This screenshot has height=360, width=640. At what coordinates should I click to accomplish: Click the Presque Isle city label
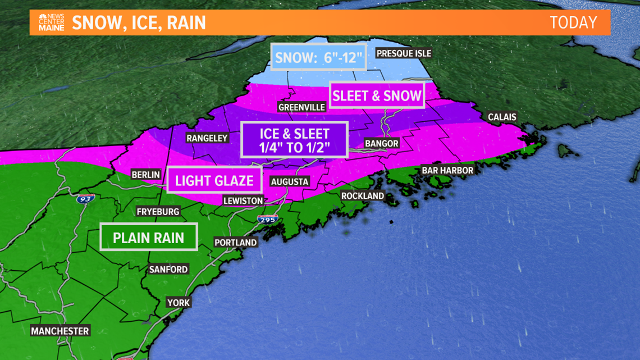pyautogui.click(x=404, y=53)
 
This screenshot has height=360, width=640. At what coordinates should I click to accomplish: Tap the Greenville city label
pyautogui.click(x=301, y=107)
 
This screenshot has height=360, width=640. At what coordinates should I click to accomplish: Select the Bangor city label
pyautogui.click(x=381, y=143)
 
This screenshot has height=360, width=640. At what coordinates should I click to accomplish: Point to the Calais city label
pyautogui.click(x=502, y=117)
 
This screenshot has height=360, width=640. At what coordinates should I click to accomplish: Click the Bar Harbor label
pyautogui.click(x=448, y=170)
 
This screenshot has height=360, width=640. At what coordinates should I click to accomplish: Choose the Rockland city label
pyautogui.click(x=363, y=195)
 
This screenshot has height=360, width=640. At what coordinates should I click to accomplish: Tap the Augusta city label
pyautogui.click(x=290, y=181)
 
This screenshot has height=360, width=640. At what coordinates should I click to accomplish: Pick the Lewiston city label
pyautogui.click(x=243, y=200)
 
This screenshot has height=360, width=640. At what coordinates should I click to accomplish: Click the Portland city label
pyautogui.click(x=236, y=243)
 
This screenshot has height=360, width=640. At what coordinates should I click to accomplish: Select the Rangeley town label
pyautogui.click(x=207, y=138)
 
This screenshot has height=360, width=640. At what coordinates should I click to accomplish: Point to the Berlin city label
pyautogui.click(x=146, y=175)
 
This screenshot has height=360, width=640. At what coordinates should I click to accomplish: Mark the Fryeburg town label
pyautogui.click(x=158, y=212)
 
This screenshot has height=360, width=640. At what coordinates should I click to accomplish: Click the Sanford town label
pyautogui.click(x=168, y=270)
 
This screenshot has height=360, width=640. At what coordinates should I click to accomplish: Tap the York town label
pyautogui.click(x=179, y=303)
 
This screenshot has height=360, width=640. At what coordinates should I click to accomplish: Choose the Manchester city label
pyautogui.click(x=60, y=331)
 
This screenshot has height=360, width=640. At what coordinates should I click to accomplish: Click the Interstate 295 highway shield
pyautogui.click(x=268, y=220)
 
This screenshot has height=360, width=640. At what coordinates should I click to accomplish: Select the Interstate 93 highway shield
pyautogui.click(x=86, y=198)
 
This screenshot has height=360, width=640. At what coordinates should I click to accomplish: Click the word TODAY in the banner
pyautogui.click(x=573, y=22)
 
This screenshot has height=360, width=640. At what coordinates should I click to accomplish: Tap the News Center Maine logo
pyautogui.click(x=52, y=22)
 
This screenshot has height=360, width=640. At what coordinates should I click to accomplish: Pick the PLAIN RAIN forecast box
pyautogui.click(x=149, y=237)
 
